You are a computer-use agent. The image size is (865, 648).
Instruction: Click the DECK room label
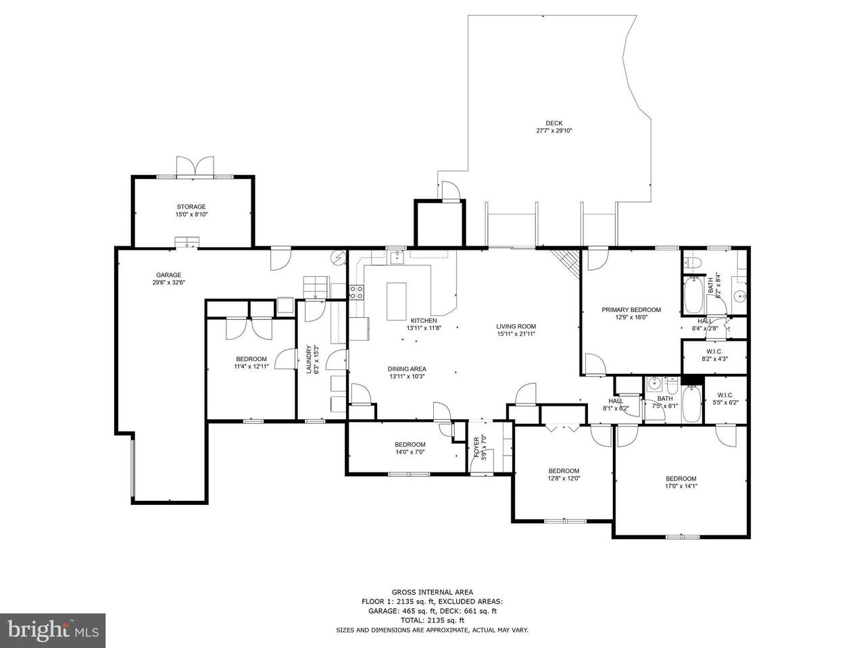pyautogui.click(x=553, y=123)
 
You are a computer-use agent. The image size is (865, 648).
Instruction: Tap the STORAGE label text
pyautogui.click(x=191, y=207)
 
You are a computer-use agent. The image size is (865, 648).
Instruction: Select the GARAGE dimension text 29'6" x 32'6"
pyautogui.click(x=169, y=283)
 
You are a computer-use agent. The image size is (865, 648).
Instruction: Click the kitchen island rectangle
pyautogui.click(x=396, y=301)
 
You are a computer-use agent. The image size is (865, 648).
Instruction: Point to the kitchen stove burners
pyautogui.click(x=356, y=292)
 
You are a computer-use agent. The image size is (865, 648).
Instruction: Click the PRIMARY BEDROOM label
pyautogui.click(x=631, y=310)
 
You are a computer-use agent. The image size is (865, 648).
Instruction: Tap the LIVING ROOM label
pyautogui.click(x=516, y=326)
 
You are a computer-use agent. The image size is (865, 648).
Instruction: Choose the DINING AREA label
pyautogui.click(x=407, y=369)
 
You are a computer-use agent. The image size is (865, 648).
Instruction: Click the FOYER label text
pyautogui.click(x=476, y=448)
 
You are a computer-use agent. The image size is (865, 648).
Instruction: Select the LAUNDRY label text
pyautogui.click(x=309, y=360)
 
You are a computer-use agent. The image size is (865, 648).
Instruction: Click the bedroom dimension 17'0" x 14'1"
pyautogui.click(x=681, y=486)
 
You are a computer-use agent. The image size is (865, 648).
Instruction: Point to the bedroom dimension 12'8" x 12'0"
pyautogui.click(x=564, y=479)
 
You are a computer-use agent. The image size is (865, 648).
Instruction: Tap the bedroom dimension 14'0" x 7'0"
pyautogui.click(x=410, y=452)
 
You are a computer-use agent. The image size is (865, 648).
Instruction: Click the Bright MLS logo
pyautogui.click(x=53, y=630)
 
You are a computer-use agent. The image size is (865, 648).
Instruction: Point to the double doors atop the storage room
pyautogui.click(x=195, y=167)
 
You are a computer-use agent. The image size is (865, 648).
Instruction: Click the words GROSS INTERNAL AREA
pyautogui.click(x=432, y=592)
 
